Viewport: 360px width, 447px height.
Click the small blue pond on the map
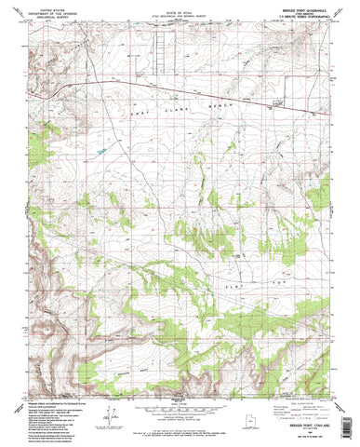(x=100, y=148)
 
